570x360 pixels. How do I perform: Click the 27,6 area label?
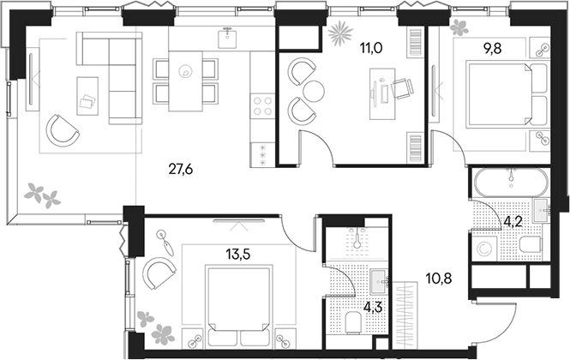pyautogui.click(x=182, y=169)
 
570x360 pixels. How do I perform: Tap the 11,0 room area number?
pyautogui.click(x=371, y=48)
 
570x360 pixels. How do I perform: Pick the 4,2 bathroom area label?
pyautogui.click(x=513, y=220)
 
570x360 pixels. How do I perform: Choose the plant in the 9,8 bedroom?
pyautogui.click(x=460, y=27)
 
